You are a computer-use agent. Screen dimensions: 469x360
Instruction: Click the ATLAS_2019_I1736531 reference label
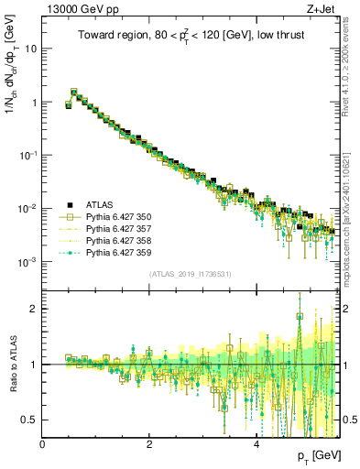pos(192,274)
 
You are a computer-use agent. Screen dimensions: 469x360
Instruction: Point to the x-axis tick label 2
pos(149,443)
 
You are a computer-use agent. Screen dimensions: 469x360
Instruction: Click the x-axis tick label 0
pos(43,443)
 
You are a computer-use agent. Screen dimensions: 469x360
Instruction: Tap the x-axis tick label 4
pos(256,443)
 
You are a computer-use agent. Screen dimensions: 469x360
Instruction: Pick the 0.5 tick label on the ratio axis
pos(30,420)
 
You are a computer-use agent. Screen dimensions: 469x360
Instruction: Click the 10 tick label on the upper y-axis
pos(31,49)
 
